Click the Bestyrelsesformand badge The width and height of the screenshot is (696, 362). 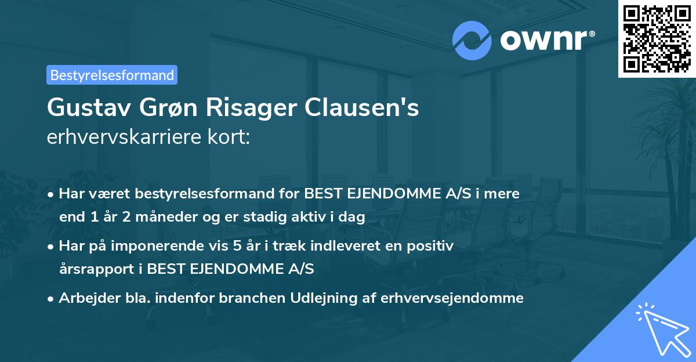coord(112,75)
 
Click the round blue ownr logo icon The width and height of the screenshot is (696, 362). coord(473,41)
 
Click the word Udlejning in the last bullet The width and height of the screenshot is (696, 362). coord(324,298)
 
